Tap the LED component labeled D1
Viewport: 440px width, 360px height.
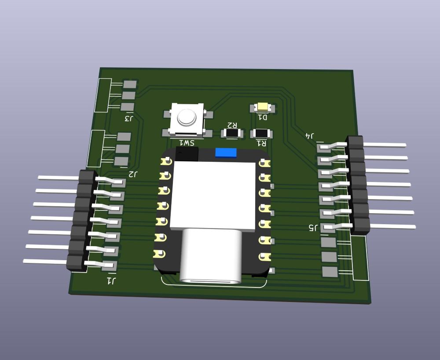263,107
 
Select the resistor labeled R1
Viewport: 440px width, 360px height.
261,134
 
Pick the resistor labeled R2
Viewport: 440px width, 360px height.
232,133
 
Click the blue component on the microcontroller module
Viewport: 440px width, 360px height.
226,153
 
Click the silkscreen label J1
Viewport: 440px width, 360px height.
111,280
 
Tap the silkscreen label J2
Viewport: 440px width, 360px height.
133,174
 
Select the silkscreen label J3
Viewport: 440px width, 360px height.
129,118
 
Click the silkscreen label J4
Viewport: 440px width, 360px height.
309,136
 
